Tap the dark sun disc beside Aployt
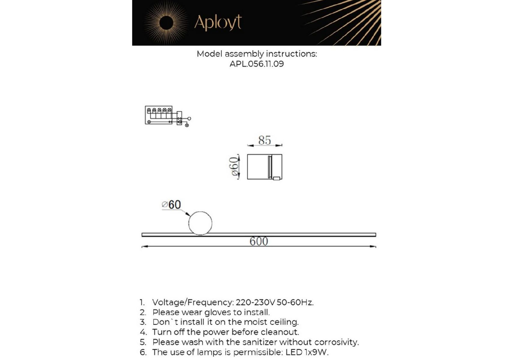166,23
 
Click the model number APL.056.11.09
257,64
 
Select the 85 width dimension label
264,140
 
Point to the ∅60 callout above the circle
171,205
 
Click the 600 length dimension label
259,241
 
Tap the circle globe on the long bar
200,223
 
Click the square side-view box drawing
264,167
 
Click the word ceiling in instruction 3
284,322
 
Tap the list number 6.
143,352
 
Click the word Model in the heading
209,54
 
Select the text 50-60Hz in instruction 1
295,302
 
